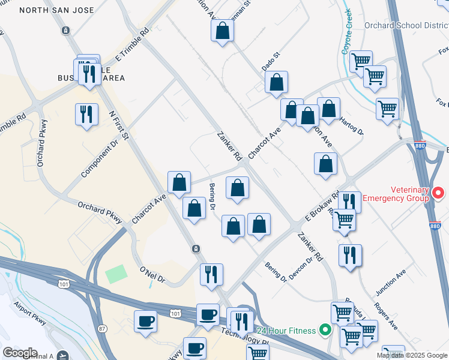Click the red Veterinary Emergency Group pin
(438, 193)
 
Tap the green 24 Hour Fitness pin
(325, 329)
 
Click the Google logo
(20, 353)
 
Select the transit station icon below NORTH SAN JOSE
(65, 30)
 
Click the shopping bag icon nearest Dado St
(276, 83)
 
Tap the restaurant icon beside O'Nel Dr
(211, 274)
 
